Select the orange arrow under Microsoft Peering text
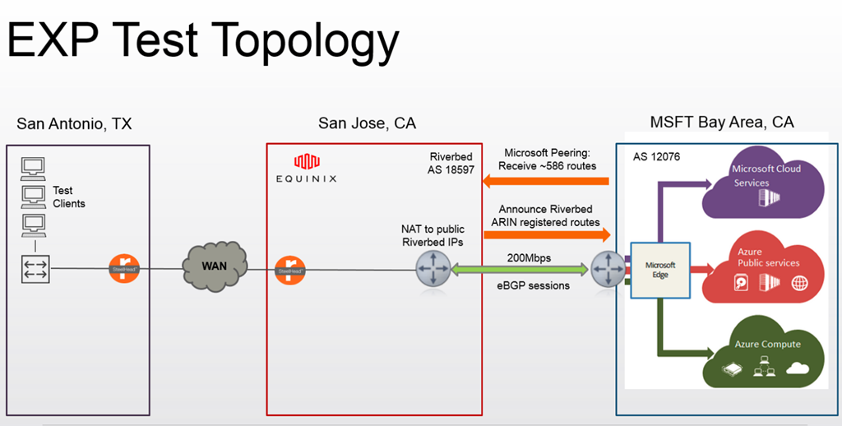click(x=546, y=180)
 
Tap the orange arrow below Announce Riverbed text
click(x=546, y=234)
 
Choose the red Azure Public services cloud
click(x=760, y=267)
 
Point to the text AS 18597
click(x=453, y=171)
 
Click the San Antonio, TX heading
click(x=74, y=123)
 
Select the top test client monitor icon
click(x=34, y=167)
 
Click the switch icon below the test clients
click(x=35, y=268)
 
